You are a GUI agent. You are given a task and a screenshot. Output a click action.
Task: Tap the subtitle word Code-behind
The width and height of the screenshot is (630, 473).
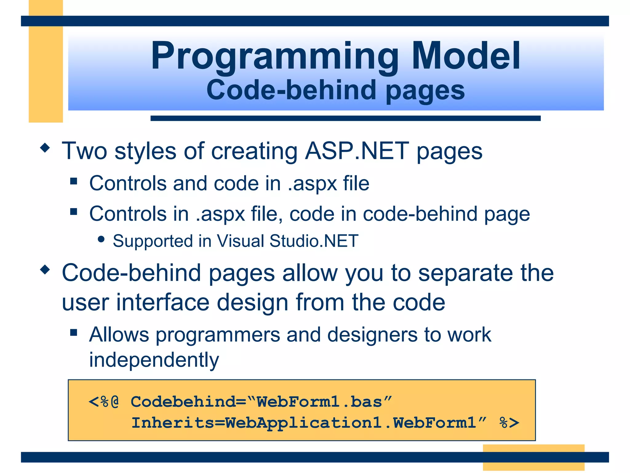(291, 90)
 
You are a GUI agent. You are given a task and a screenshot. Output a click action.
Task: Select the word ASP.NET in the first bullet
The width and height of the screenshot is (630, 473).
(357, 151)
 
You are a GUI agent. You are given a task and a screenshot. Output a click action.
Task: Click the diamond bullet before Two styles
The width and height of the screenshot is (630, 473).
(45, 148)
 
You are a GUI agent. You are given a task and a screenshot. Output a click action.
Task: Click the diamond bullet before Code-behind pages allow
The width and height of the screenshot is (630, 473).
(45, 270)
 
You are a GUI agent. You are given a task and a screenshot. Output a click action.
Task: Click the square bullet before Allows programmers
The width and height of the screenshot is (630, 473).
(74, 332)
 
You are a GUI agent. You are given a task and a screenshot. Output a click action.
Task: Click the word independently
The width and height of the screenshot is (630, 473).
(154, 360)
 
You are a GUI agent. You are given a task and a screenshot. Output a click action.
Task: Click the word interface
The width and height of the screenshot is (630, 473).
(163, 302)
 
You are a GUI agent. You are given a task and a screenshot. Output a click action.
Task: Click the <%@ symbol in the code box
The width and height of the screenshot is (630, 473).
(104, 402)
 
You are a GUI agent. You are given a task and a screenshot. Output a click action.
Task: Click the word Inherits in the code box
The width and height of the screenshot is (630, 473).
(173, 422)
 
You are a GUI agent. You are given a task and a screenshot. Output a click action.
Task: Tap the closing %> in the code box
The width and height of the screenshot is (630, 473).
(509, 422)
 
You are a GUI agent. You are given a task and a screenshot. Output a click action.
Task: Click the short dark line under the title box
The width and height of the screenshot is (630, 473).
(345, 118)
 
